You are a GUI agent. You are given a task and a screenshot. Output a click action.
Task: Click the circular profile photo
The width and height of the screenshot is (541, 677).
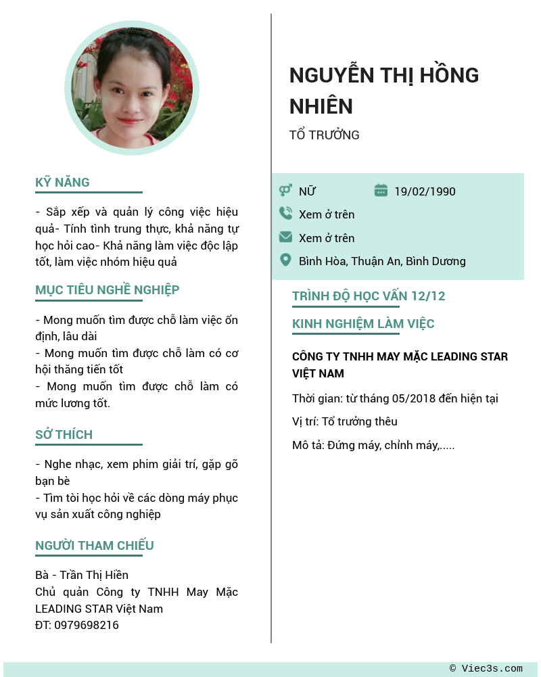tap(132, 88)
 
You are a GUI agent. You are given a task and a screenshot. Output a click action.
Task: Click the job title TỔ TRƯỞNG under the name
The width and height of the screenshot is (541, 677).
tap(324, 135)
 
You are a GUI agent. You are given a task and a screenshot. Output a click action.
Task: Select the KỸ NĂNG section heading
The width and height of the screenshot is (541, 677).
tap(62, 182)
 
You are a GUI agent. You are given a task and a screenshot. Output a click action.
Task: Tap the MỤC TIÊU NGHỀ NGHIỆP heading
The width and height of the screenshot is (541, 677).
tap(107, 289)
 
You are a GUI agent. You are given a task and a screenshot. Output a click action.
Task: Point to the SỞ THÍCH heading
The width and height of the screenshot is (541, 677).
tap(64, 434)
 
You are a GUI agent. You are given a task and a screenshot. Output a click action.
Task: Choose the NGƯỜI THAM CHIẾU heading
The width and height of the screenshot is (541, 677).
tap(94, 545)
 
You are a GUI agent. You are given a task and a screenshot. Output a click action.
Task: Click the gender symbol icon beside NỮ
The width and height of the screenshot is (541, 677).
tap(285, 191)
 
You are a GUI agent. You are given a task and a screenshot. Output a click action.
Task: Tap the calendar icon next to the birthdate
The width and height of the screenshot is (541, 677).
tap(381, 191)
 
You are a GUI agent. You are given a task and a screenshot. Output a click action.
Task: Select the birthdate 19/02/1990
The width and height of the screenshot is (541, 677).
tap(425, 191)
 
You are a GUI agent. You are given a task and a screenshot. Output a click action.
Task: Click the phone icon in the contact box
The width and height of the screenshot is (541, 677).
tap(285, 214)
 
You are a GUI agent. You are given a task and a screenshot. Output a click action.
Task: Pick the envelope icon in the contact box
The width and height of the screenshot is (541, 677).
tap(285, 237)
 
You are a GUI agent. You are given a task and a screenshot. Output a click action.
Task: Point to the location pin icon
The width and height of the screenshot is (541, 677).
tap(285, 260)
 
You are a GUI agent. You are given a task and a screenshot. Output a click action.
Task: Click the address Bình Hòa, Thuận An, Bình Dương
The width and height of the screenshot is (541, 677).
tap(382, 261)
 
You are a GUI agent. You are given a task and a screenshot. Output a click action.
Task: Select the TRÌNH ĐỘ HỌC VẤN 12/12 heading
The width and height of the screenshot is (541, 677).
tap(369, 296)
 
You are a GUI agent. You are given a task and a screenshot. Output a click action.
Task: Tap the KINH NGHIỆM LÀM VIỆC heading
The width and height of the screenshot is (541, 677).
tap(363, 323)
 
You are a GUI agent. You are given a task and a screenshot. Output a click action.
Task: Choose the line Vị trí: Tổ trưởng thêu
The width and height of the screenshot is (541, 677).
tap(345, 421)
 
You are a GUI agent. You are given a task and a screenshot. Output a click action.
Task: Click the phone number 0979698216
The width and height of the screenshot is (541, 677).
tap(87, 625)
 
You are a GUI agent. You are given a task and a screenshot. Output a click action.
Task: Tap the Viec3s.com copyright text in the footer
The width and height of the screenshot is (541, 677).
tap(486, 668)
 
